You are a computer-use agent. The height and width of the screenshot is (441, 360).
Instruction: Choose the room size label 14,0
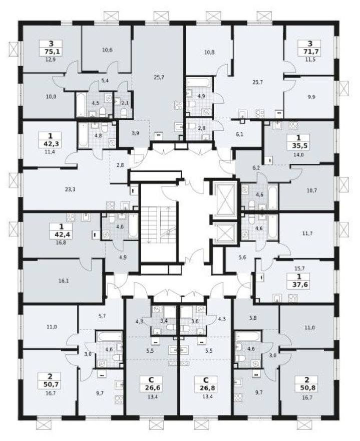pos(299,155)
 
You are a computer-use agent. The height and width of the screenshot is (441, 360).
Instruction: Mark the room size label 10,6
pos(107,50)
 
